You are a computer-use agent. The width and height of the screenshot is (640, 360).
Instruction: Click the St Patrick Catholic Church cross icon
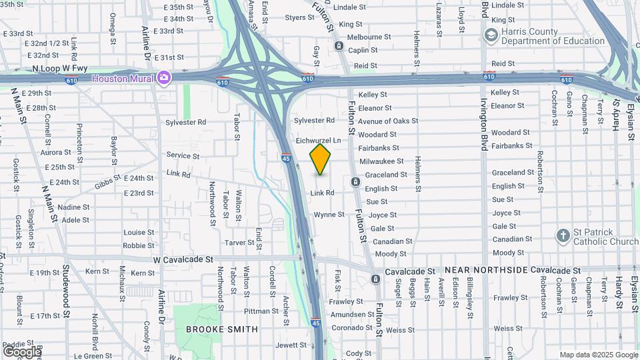click(563, 235)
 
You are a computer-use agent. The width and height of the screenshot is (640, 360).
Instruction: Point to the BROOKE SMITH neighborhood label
click(221, 329)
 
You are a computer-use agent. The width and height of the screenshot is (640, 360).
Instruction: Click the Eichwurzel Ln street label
click(318, 141)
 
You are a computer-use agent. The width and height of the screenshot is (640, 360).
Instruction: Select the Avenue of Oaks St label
click(388, 121)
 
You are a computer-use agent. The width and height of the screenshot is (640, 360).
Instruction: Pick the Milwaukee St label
click(381, 161)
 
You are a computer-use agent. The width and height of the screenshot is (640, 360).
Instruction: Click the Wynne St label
click(329, 215)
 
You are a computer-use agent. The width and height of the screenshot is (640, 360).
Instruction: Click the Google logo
click(21, 351)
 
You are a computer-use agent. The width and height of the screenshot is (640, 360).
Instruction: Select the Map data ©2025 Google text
click(598, 355)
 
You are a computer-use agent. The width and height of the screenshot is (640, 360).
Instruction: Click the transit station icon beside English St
click(355, 182)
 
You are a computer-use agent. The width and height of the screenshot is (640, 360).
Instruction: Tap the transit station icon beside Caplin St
click(339, 46)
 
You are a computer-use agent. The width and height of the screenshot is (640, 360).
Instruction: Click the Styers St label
click(295, 17)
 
